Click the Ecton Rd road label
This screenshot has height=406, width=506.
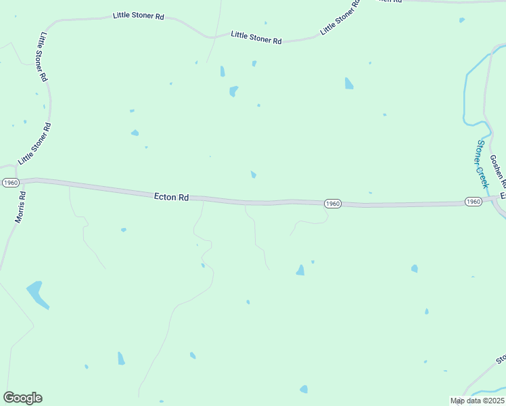click(171, 197)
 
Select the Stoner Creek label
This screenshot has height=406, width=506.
click(482, 164)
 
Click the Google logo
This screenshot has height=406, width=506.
click(22, 398)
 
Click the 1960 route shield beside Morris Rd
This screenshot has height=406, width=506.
click(10, 183)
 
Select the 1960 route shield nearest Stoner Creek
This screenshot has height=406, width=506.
click(473, 202)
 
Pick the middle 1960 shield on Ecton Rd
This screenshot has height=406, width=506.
click(332, 204)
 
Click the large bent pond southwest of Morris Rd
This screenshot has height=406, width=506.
click(37, 294)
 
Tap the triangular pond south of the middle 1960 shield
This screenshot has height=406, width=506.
click(300, 270)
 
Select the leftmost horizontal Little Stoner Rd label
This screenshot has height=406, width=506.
click(139, 15)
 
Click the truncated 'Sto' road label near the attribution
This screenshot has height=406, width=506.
click(501, 359)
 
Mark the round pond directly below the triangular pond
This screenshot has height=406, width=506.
click(304, 389)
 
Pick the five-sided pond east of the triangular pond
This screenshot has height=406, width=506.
click(414, 269)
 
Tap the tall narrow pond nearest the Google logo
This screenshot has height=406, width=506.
click(121, 359)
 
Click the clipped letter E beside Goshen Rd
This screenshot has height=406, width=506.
click(503, 196)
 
